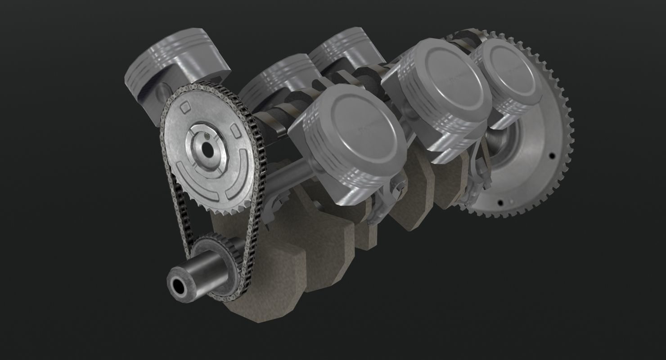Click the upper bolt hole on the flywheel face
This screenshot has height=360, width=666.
552,156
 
